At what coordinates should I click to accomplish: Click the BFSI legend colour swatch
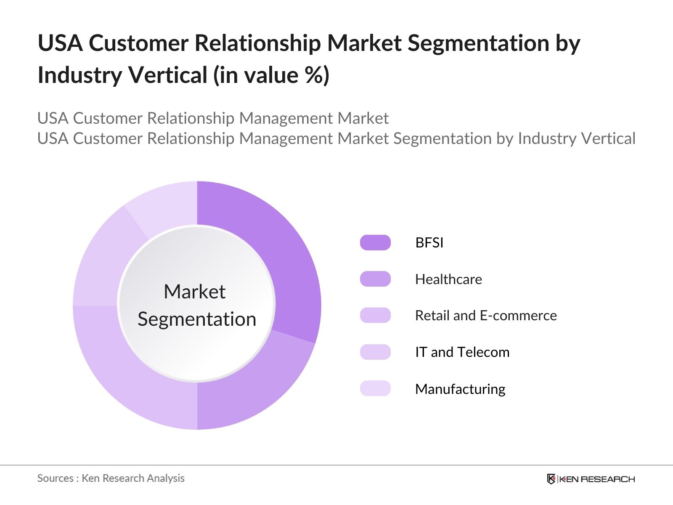375,243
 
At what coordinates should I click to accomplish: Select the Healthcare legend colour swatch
375,279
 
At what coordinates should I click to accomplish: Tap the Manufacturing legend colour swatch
375,388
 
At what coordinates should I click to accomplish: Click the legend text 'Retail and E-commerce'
486,316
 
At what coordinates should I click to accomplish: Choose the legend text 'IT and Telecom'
462,352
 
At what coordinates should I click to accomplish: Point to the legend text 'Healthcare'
448,279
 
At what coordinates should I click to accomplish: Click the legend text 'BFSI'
429,243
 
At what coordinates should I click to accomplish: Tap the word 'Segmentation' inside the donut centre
197,319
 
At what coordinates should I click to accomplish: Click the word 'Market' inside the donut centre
195,292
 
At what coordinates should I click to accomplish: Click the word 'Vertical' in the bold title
168,76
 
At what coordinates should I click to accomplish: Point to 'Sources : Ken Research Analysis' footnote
111,478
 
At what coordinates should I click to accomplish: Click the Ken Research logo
591,479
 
